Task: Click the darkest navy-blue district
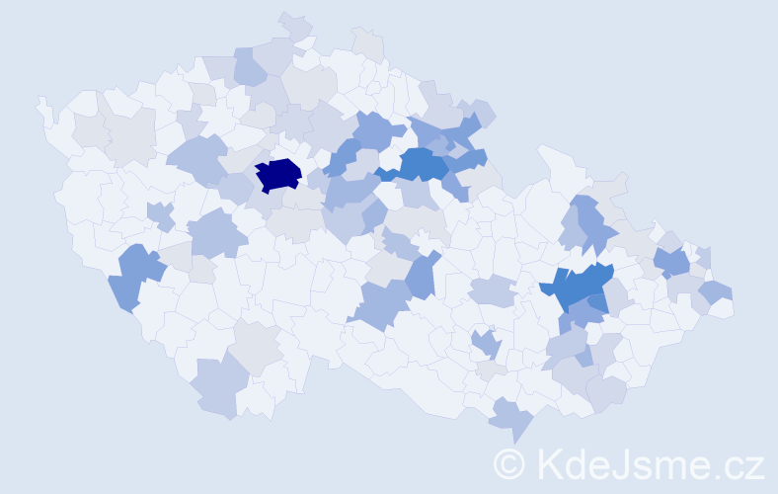click(277, 175)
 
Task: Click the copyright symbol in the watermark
click(509, 463)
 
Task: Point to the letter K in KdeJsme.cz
click(549, 463)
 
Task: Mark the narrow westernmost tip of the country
click(41, 103)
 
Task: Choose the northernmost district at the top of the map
click(294, 25)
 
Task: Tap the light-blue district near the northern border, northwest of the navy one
click(250, 66)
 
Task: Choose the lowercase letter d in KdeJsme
click(578, 463)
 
